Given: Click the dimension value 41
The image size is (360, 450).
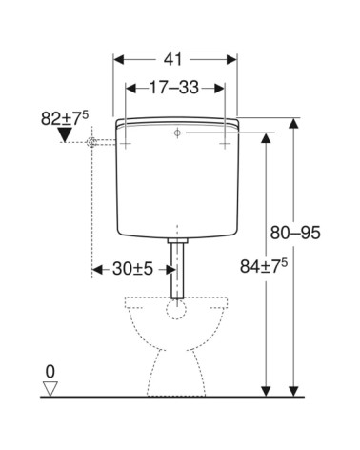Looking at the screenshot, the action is (x=173, y=59).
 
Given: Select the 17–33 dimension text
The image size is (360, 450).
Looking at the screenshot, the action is (x=174, y=88).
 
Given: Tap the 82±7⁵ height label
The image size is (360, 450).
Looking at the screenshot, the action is (x=65, y=118).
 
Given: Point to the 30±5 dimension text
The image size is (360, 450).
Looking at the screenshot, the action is (x=132, y=269).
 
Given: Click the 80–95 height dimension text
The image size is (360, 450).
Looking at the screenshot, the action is (x=295, y=233).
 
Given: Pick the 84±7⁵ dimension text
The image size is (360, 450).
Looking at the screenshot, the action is (x=264, y=266).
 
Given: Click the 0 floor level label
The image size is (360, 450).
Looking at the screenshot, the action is (x=50, y=372).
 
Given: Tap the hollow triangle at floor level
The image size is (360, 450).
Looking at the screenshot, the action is (x=50, y=388).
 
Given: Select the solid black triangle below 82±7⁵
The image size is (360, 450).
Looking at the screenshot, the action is (x=66, y=134).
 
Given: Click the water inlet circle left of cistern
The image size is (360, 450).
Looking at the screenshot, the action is (x=91, y=143).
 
